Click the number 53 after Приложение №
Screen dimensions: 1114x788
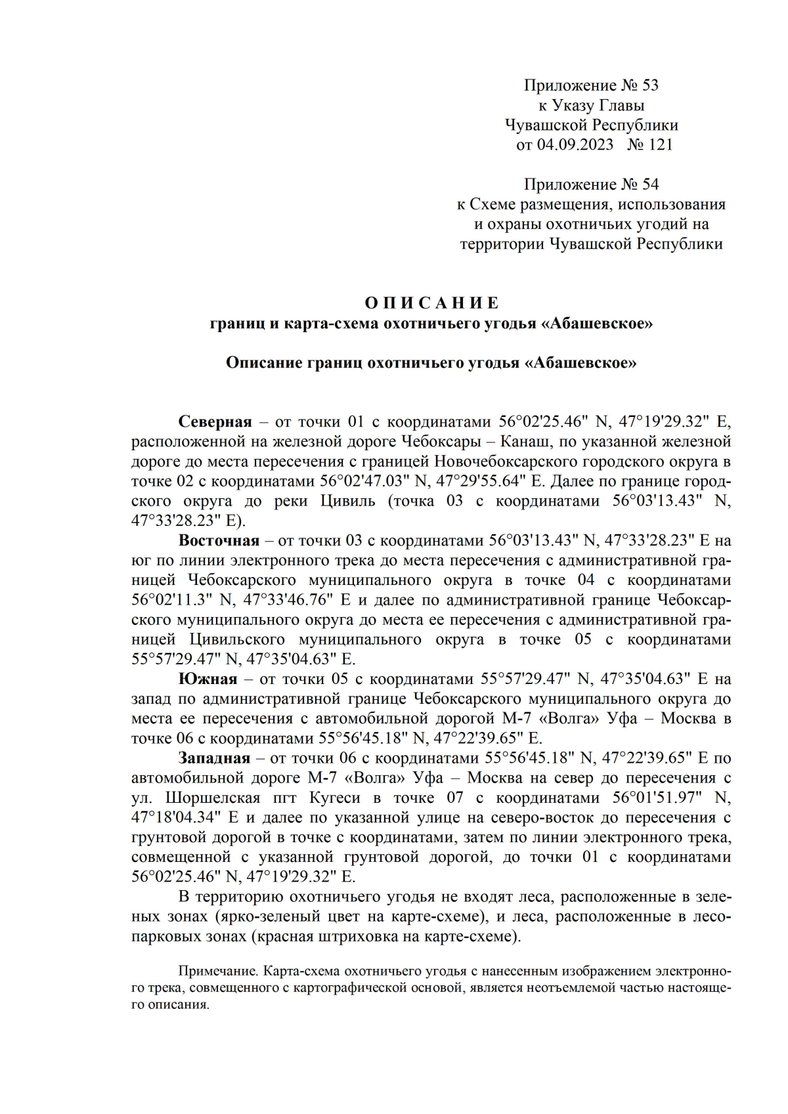pyautogui.click(x=649, y=85)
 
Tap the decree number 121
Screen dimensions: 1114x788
pyautogui.click(x=660, y=144)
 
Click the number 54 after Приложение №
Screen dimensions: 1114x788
pyautogui.click(x=649, y=184)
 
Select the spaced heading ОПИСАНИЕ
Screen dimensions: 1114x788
pyautogui.click(x=431, y=303)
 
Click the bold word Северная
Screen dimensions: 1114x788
pyautogui.click(x=215, y=421)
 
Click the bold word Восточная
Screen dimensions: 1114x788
pyautogui.click(x=219, y=540)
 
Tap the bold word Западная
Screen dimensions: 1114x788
pyautogui.click(x=214, y=758)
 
